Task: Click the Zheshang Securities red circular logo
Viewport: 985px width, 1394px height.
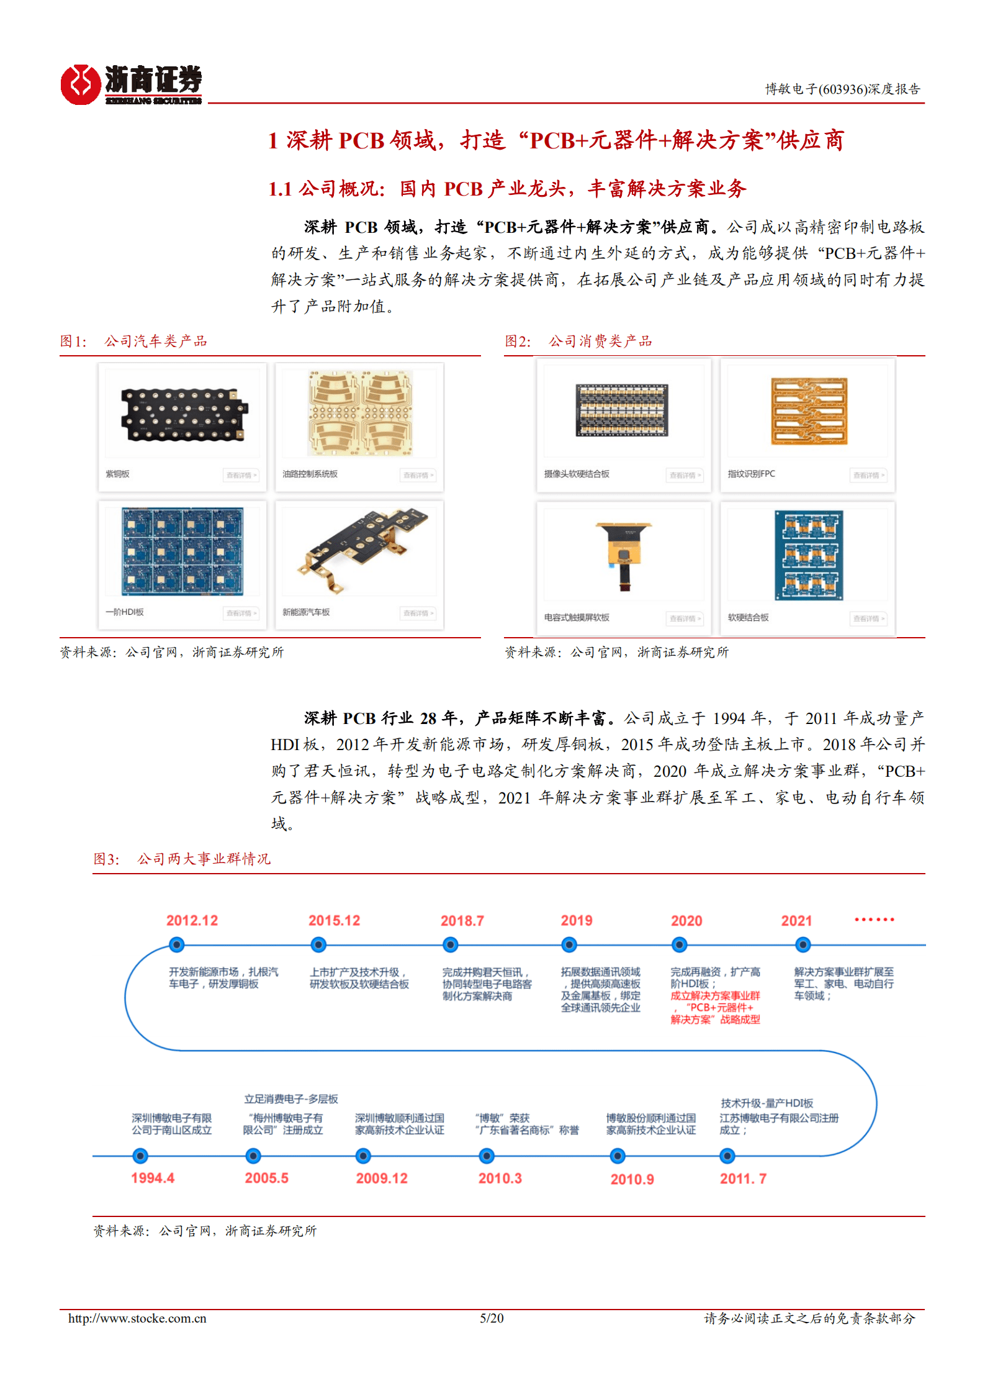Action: (x=81, y=84)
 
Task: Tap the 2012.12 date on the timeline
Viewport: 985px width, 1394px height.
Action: (x=192, y=920)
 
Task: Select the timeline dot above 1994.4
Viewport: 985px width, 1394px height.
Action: (x=141, y=1156)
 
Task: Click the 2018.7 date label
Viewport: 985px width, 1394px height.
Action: (x=462, y=920)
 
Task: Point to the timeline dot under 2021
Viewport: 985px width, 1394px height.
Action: (x=803, y=945)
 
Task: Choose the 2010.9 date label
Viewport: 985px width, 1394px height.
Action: (x=632, y=1179)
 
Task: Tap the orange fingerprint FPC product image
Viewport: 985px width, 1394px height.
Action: (x=809, y=411)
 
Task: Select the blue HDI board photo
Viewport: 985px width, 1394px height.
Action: (x=182, y=551)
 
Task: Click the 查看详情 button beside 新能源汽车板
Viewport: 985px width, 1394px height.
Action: (x=418, y=613)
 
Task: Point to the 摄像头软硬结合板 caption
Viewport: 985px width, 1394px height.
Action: (x=577, y=474)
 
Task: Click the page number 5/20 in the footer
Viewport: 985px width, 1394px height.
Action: (x=492, y=1318)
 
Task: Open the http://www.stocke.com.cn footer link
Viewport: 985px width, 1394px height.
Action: (x=137, y=1318)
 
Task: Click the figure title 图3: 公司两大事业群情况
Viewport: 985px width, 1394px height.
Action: (x=182, y=859)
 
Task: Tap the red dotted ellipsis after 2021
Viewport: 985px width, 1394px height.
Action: (x=874, y=920)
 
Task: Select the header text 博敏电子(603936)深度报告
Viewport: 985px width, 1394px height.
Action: (x=842, y=89)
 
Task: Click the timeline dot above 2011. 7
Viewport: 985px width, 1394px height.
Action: (x=727, y=1156)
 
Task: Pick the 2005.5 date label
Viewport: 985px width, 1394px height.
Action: (x=266, y=1178)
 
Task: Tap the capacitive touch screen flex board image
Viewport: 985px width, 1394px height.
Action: (x=624, y=554)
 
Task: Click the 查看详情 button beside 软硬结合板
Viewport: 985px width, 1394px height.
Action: (x=868, y=618)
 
